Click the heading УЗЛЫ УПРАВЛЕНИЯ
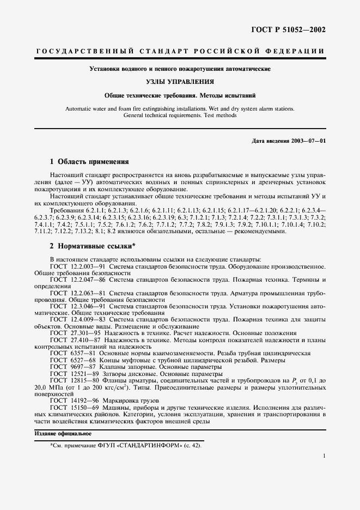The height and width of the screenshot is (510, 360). pyautogui.click(x=180, y=82)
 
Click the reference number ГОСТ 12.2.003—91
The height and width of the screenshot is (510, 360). pyautogui.click(x=77, y=266)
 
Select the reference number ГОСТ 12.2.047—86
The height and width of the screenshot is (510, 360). pyautogui.click(x=77, y=280)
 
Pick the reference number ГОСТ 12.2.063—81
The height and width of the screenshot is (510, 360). pyautogui.click(x=77, y=293)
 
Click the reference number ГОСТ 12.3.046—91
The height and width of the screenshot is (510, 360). pyautogui.click(x=77, y=306)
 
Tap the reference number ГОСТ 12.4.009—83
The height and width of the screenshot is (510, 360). pyautogui.click(x=77, y=319)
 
